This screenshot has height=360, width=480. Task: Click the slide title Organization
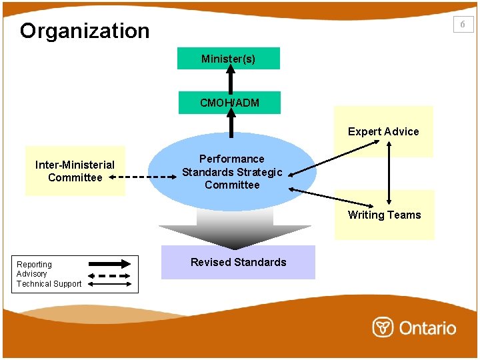click(85, 31)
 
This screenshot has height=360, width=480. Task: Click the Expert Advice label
click(383, 131)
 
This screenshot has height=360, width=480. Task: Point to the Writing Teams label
click(384, 215)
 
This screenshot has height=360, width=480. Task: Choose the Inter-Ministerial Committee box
click(75, 171)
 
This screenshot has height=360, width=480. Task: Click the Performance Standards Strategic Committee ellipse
click(232, 172)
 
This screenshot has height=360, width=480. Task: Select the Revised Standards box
click(238, 262)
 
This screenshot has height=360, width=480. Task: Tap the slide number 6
click(463, 24)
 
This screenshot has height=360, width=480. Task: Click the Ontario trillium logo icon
click(383, 327)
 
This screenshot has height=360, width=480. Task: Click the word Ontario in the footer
click(427, 328)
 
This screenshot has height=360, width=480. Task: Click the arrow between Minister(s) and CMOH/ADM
click(230, 81)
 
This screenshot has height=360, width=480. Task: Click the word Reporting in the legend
click(34, 265)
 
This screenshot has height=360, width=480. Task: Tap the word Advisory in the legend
click(32, 274)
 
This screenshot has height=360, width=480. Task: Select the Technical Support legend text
click(49, 284)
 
